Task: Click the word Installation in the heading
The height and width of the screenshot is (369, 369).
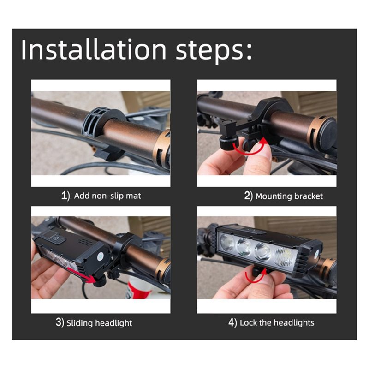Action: coord(94,50)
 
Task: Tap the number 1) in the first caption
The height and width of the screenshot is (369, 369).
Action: coord(65,196)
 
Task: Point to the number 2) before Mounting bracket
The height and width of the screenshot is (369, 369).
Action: coord(249,196)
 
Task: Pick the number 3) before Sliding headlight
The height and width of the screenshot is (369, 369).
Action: coord(60,322)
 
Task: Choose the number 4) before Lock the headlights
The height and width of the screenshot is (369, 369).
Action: coord(232,322)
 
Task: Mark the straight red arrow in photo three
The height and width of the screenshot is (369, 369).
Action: coord(81,274)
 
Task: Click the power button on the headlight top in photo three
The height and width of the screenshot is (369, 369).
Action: coord(55,238)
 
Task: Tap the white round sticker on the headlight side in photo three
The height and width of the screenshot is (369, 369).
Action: coord(101,256)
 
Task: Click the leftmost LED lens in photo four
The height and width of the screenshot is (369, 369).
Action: coord(226,243)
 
